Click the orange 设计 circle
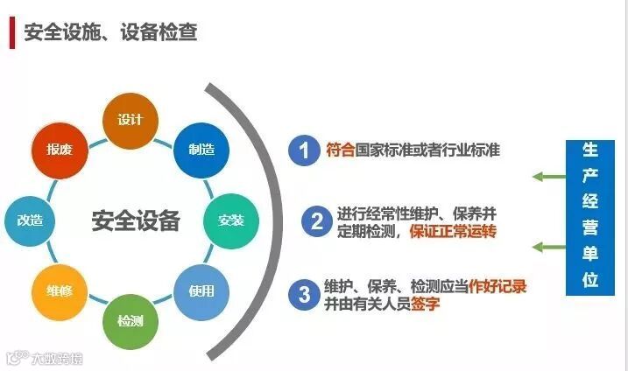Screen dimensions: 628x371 pos(130,119)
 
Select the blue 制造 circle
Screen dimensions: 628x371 pos(201,149)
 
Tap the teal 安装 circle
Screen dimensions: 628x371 pos(230,219)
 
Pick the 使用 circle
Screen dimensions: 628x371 pos(201,290)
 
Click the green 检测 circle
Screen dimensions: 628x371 pos(130,319)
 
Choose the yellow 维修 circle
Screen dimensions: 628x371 pos(59,290)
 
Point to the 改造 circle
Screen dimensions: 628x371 pos(30,219)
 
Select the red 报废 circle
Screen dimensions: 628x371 pos(59,149)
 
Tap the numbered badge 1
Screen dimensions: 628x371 pos(304,150)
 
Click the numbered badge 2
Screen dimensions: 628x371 pos(314,221)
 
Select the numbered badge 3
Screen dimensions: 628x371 pos(304,293)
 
